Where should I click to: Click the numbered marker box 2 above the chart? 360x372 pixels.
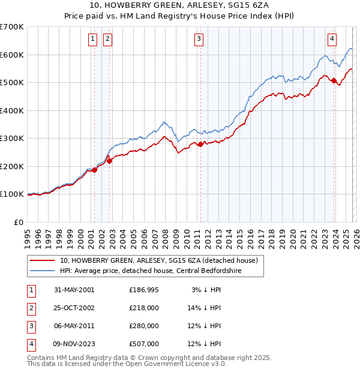pos(107,39)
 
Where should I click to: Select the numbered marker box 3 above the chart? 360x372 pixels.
pos(199,39)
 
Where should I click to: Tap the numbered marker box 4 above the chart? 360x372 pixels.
pos(332,39)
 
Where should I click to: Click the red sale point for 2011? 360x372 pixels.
pos(200,144)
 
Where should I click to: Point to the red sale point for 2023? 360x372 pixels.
pos(334,81)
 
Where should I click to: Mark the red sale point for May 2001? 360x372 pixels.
pos(95,170)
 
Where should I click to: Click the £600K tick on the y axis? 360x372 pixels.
pos(11,55)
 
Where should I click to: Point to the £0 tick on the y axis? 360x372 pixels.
pos(19,222)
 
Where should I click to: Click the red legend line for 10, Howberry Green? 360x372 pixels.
pos(43,260)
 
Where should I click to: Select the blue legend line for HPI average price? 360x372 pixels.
pos(43,271)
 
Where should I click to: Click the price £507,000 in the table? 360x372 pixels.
pos(144,344)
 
